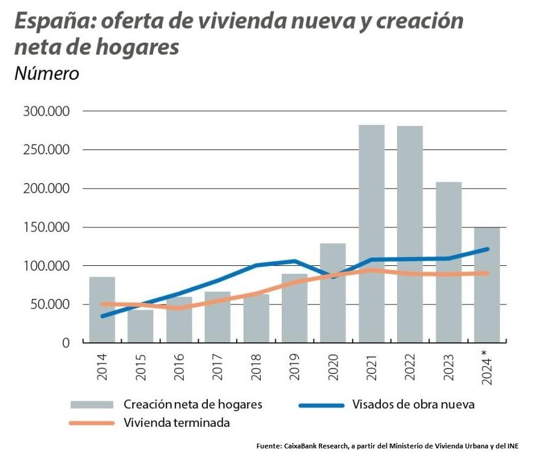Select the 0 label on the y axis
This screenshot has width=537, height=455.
[x=66, y=343]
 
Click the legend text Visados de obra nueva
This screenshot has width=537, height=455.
[x=414, y=404]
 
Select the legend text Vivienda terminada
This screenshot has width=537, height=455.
[x=177, y=423]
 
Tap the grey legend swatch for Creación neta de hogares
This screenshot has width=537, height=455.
[x=91, y=404]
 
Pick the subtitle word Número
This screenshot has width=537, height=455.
[x=46, y=73]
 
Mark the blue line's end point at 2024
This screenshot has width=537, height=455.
[x=487, y=249]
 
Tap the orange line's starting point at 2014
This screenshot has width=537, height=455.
[x=102, y=304]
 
